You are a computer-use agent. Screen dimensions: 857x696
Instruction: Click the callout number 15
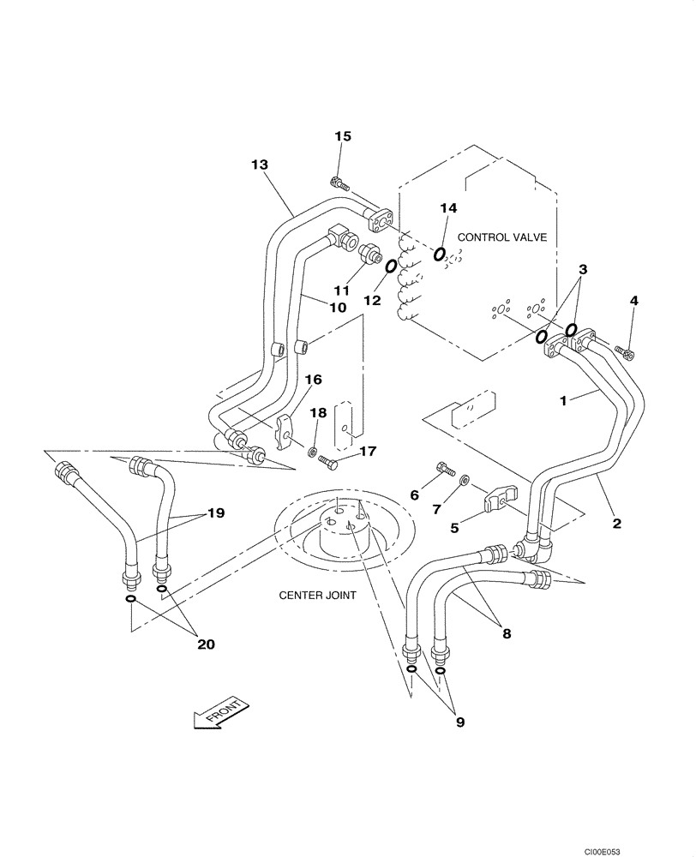(343, 136)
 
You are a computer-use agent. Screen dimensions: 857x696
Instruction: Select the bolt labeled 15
(339, 182)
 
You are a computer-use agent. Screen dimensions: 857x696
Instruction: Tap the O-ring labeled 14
(440, 254)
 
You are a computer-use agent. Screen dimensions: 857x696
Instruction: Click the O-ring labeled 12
(390, 267)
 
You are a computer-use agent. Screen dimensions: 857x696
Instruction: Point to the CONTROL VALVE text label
(501, 237)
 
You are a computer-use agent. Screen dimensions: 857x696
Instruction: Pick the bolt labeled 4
(626, 351)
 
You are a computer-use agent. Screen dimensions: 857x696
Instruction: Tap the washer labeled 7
(464, 481)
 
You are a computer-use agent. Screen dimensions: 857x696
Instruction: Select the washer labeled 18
(315, 451)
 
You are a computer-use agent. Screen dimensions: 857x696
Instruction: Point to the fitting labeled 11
(371, 254)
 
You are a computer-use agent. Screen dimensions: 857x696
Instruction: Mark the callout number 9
(459, 722)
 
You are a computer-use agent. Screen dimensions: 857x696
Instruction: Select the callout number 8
(507, 634)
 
